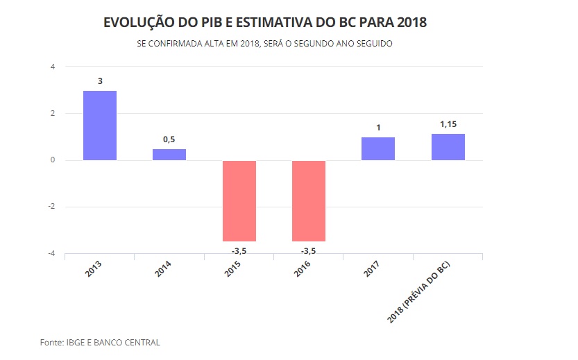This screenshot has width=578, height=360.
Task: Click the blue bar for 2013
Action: coord(100,126)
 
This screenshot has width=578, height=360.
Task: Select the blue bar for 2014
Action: coord(169,155)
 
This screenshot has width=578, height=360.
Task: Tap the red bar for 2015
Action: coord(239,200)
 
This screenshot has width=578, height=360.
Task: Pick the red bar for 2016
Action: coord(309,200)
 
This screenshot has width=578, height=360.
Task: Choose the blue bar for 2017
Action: coord(378,148)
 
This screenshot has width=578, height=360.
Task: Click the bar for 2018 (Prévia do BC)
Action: coord(448,147)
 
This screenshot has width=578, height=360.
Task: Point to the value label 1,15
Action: coord(448,124)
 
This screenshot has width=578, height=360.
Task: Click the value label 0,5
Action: coord(169,139)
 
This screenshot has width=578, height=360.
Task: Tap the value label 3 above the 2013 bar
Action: coord(100,81)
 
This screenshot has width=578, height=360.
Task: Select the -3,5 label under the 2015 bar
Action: coord(239,250)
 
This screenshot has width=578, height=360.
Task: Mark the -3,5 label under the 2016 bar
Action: coord(309,250)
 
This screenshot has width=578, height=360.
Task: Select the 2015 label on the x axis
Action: coord(234,269)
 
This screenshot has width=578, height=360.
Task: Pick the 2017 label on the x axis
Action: coord(373,269)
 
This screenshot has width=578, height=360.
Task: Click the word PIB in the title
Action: coord(206,23)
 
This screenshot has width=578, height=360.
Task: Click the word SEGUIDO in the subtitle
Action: coord(375,44)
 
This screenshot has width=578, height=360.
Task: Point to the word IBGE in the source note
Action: coord(77,343)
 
